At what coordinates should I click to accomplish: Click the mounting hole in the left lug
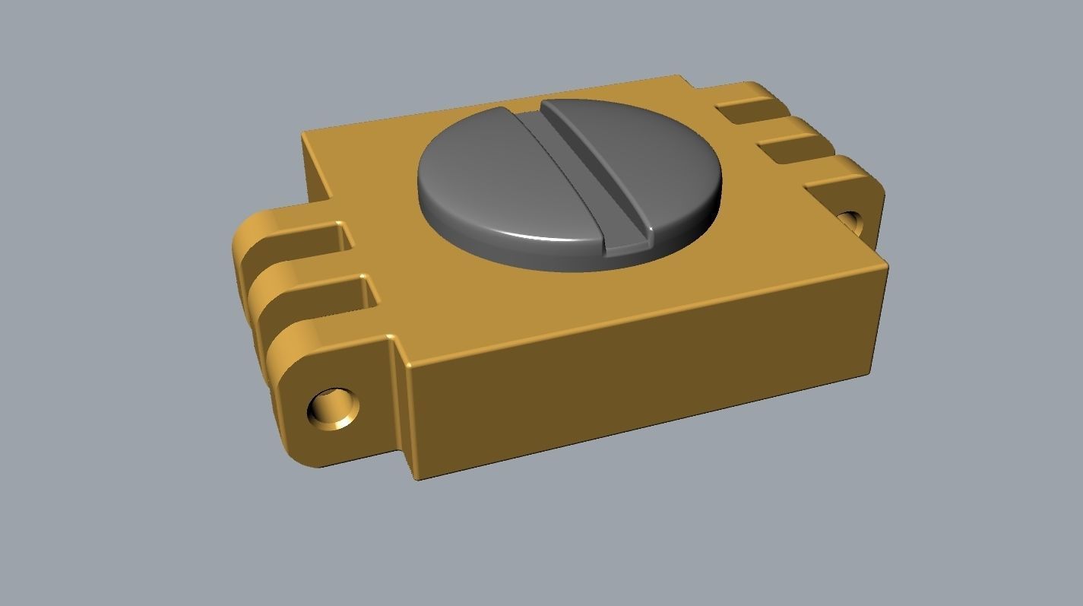point(332,409)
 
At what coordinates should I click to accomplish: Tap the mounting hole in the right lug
point(850,221)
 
